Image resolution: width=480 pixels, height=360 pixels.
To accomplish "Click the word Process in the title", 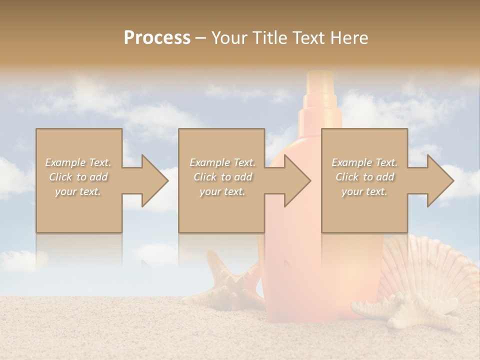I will pyautogui.click(x=157, y=37).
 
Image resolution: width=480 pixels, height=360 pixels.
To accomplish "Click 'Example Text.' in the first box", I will pyautogui.click(x=78, y=162).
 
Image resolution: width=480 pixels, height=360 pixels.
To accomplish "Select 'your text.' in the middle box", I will pyautogui.click(x=222, y=191).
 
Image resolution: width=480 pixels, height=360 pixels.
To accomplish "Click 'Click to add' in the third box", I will pyautogui.click(x=365, y=177).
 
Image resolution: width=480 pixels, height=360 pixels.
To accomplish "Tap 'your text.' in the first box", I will pyautogui.click(x=78, y=191).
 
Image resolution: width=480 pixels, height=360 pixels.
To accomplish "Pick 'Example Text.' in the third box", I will pyautogui.click(x=365, y=162).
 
